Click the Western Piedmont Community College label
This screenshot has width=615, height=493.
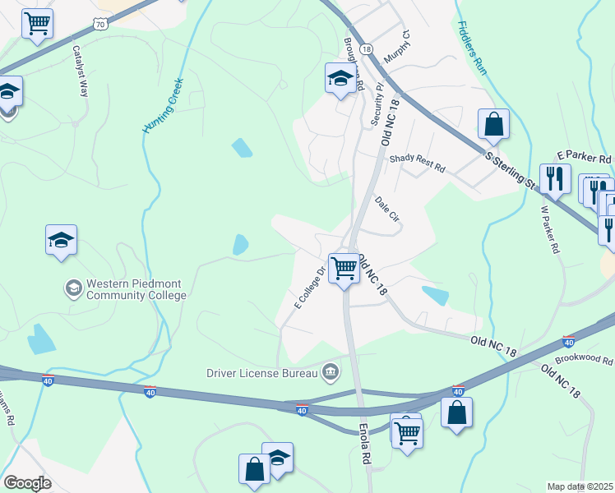coord(136,288)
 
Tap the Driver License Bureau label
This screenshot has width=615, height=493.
coord(264,373)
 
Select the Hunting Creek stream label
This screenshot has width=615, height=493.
coord(161,104)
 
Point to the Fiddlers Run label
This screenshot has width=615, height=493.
coord(472,48)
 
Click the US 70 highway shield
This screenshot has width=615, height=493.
coord(100,25)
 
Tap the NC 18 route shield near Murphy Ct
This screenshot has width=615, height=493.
coord(366,49)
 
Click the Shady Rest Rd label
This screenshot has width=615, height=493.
coord(417,163)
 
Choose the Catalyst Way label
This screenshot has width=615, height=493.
coord(81,71)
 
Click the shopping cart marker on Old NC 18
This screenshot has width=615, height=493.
coord(344,266)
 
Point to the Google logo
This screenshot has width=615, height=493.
coord(27,482)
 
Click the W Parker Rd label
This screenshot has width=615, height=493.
coord(550,229)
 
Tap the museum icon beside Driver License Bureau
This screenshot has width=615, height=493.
coord(331,372)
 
